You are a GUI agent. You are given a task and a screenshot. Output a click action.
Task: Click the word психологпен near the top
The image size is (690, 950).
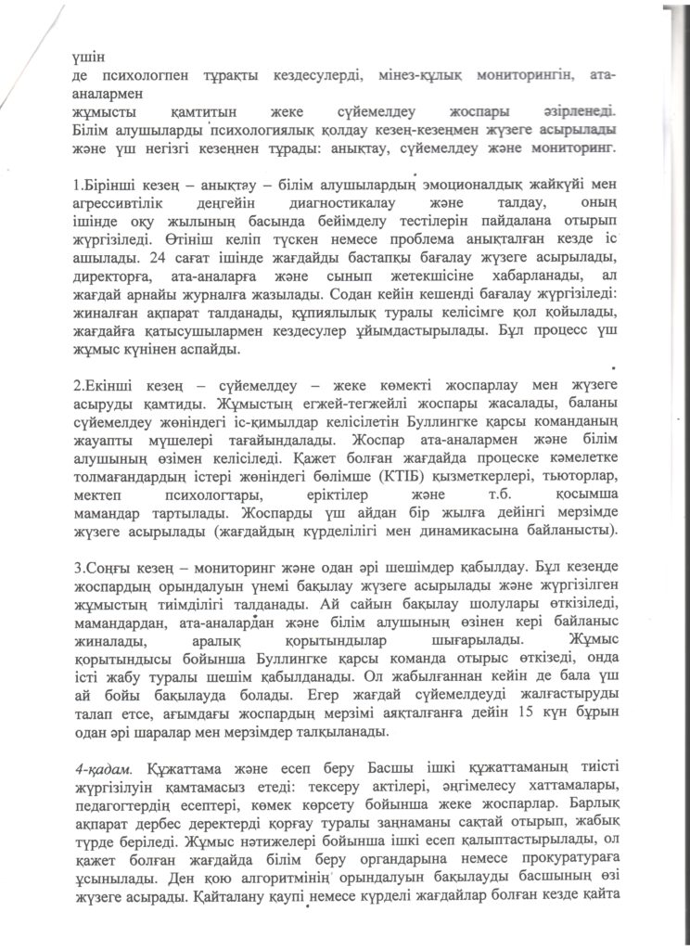click(140, 73)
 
